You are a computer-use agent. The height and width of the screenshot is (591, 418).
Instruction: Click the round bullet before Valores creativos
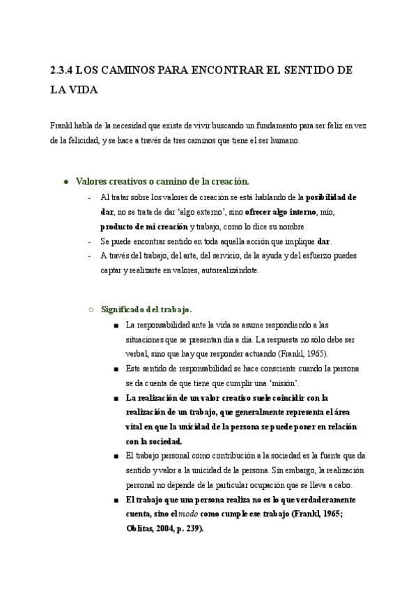65,181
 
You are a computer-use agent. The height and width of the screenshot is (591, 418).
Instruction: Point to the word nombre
291,227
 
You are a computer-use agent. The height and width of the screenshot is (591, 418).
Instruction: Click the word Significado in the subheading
125,309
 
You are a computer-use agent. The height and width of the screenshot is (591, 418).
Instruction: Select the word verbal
137,353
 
